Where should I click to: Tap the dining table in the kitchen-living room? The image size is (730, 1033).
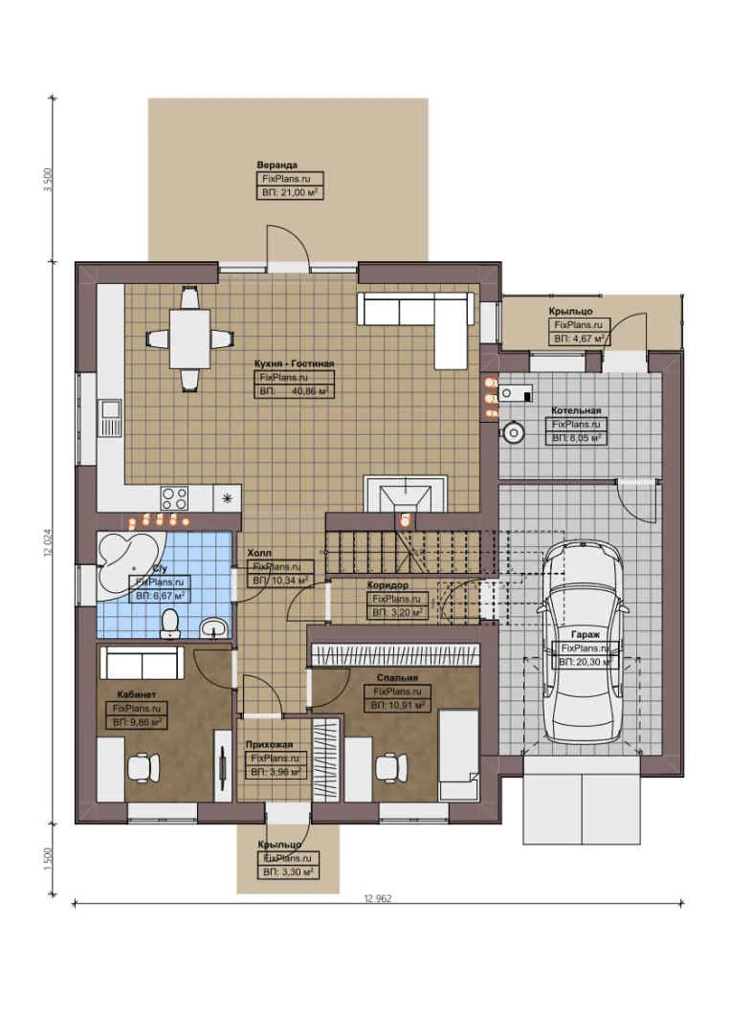(189, 338)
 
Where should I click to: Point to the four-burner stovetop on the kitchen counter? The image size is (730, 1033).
(174, 497)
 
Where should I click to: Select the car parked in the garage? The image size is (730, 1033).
(581, 641)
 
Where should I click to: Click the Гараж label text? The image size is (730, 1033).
(586, 634)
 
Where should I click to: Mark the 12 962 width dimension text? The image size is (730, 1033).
(378, 899)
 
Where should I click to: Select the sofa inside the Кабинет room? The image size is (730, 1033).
(142, 662)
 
